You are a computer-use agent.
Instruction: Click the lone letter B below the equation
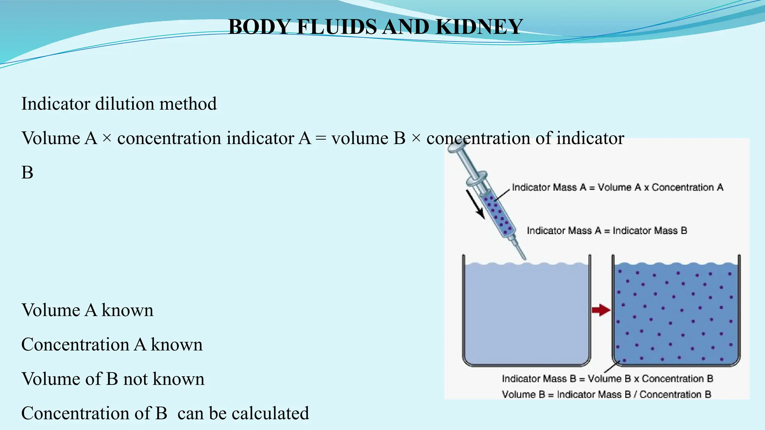27,173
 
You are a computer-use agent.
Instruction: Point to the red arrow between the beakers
601,309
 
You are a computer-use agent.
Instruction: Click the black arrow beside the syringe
475,204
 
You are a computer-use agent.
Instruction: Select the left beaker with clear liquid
526,314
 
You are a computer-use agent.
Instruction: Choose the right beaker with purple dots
676,314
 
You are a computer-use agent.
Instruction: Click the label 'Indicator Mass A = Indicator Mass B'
607,231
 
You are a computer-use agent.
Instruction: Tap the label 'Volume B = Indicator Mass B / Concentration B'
606,395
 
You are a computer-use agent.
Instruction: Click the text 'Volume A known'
87,310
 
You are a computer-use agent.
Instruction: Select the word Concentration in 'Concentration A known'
75,345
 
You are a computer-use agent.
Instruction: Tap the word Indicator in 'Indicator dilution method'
56,104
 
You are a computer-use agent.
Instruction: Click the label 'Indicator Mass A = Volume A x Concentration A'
617,187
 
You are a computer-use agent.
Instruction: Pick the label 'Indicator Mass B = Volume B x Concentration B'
607,379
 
